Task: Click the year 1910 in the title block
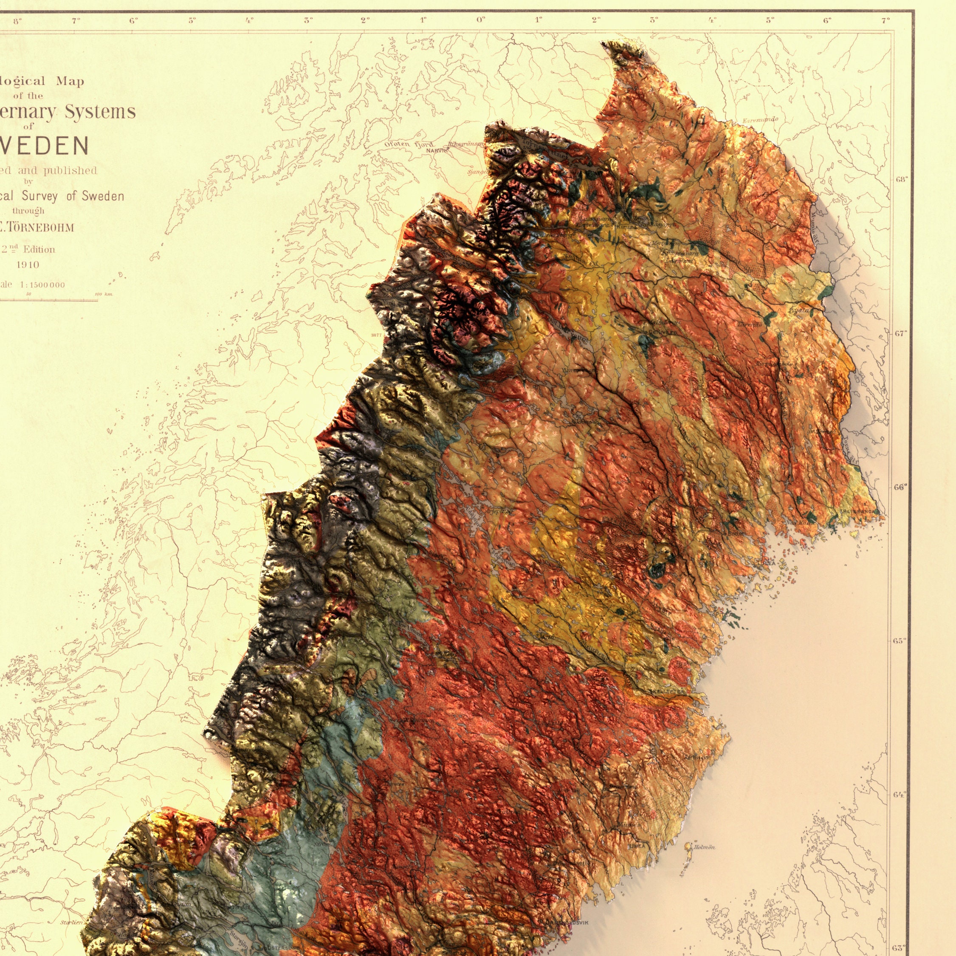[28, 265]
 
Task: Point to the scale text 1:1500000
[42, 285]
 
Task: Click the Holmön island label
[704, 847]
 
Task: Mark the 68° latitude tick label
[901, 179]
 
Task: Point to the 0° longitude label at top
[480, 20]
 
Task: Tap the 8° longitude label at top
[17, 20]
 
